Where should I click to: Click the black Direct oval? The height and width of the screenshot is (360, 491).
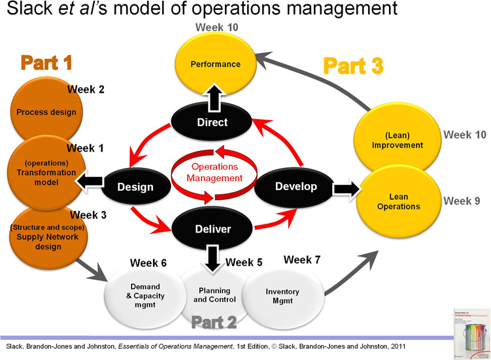point(212,122)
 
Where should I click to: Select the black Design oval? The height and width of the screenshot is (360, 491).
point(135,187)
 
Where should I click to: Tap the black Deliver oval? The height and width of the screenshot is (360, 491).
point(212,229)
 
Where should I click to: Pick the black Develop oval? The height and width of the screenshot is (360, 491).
point(296,186)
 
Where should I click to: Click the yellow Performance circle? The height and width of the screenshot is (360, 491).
point(215,64)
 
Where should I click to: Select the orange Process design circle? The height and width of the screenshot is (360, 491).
point(46,112)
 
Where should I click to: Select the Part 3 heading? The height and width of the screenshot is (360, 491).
point(353,66)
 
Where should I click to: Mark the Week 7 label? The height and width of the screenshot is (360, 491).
point(302,260)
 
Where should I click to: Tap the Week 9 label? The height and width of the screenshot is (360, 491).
point(462,201)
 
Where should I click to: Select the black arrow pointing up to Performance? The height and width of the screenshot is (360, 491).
point(212,97)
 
